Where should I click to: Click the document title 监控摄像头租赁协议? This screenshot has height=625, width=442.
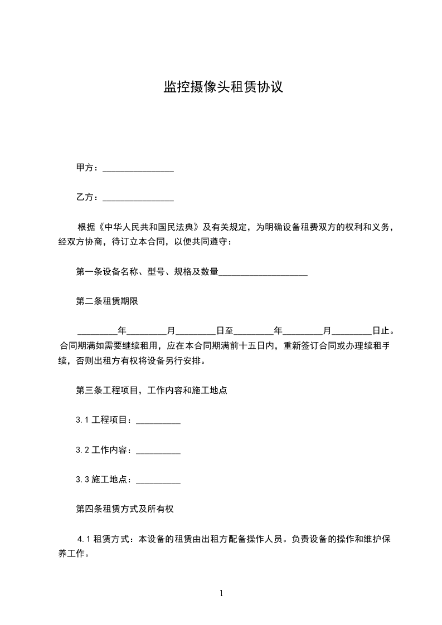pos(224,87)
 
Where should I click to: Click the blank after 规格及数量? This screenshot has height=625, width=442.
pos(263,272)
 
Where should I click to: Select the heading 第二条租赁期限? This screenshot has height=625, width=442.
pos(106,301)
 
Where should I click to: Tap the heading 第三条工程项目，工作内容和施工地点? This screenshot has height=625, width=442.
pos(151,390)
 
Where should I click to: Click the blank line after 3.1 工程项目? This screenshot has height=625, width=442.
pos(158,420)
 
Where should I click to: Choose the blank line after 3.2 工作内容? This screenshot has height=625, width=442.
pos(158,450)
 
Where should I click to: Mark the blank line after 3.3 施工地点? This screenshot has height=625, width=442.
pos(158,479)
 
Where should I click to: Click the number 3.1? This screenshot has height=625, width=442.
pos(82,420)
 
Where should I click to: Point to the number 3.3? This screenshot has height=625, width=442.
pos(82,479)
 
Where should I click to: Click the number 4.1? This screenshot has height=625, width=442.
pos(85,539)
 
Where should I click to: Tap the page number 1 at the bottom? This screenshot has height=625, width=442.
pos(221,593)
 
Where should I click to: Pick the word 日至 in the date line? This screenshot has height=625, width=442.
pos(225,331)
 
